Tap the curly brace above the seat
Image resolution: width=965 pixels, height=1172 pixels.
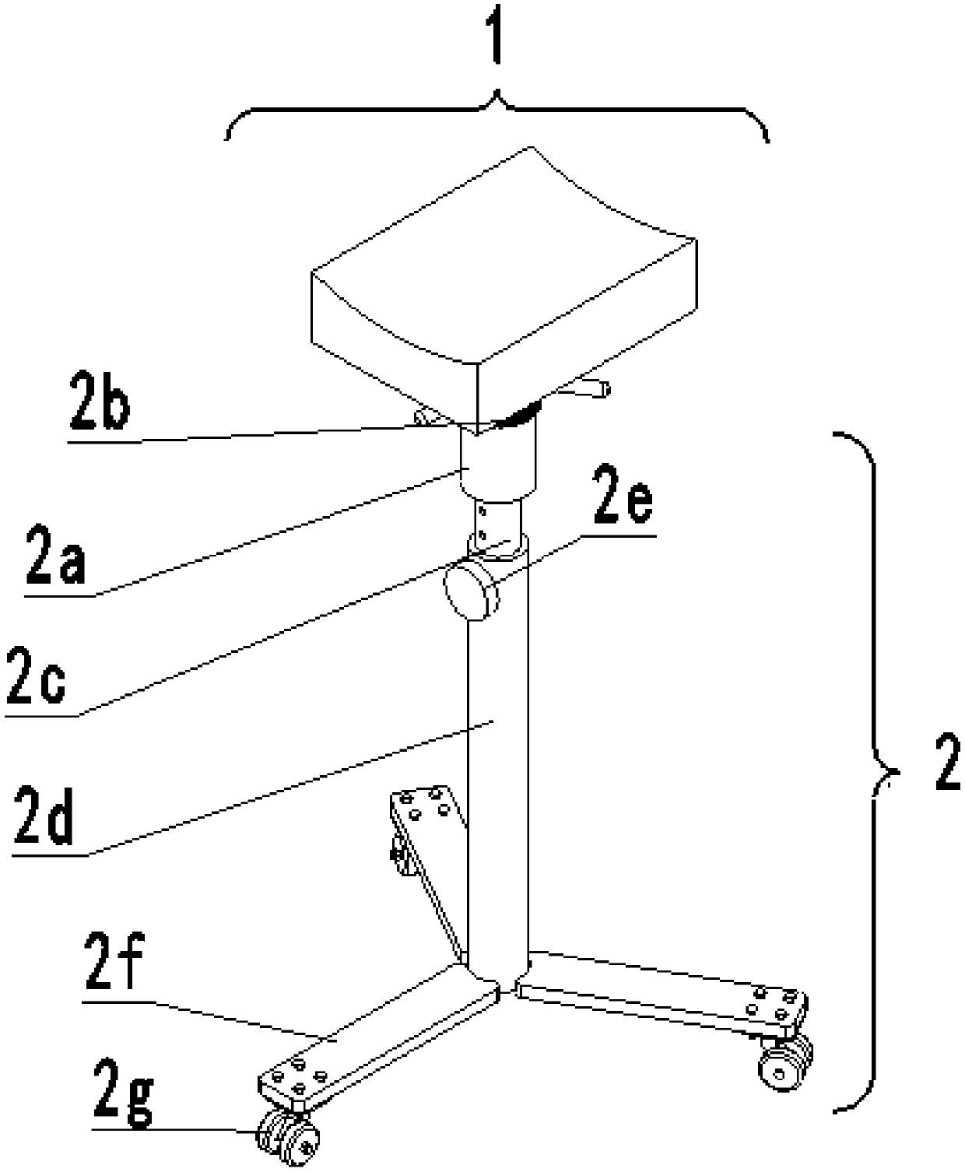click(497, 117)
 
